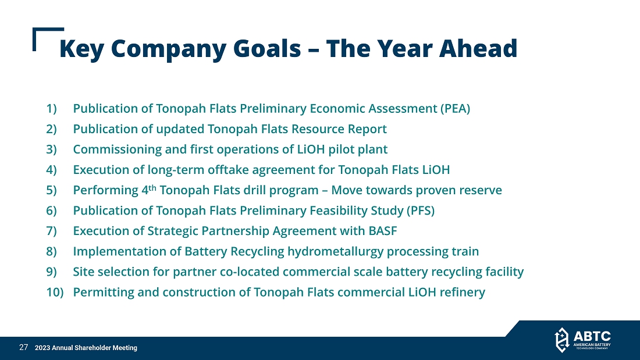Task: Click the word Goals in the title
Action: tap(267, 48)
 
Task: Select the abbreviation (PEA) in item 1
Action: tap(455, 109)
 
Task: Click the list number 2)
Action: tap(51, 129)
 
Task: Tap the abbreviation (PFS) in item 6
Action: tap(420, 211)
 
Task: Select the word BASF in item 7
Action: tap(382, 231)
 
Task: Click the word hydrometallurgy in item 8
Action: tap(335, 251)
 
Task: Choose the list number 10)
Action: tap(55, 292)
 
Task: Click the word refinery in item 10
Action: tap(462, 293)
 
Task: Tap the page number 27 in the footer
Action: tap(24, 347)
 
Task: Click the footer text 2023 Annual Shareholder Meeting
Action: tap(86, 348)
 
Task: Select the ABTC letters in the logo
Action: tap(592, 336)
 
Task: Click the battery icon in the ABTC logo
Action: tap(561, 340)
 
